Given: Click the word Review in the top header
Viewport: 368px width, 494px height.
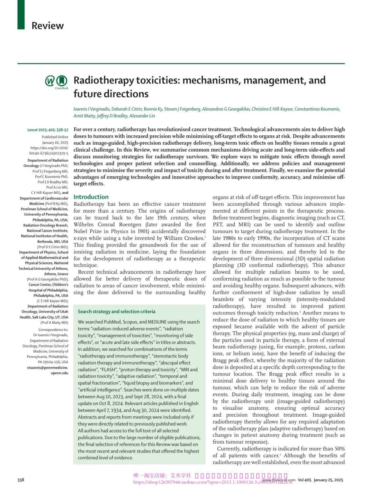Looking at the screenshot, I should (x=48, y=25).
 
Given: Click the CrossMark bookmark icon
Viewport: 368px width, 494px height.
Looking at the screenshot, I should (x=62, y=81).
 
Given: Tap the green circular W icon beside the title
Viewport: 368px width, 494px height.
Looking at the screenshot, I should (x=50, y=81).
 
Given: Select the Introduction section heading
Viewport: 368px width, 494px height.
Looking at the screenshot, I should (x=91, y=197).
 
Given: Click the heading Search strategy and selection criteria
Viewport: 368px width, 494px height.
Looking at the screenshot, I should (x=116, y=311).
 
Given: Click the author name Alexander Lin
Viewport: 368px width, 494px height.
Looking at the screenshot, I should (x=142, y=116).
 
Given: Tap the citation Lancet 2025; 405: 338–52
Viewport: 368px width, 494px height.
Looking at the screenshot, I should (x=48, y=130).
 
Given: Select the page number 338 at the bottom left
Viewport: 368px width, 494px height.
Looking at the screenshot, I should (x=21, y=480).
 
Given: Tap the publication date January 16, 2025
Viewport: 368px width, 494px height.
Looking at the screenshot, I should (x=55, y=143).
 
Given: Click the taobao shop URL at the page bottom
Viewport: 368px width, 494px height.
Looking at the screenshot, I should (x=212, y=482).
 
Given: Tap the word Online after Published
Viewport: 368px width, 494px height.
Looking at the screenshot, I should (x=63, y=137).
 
